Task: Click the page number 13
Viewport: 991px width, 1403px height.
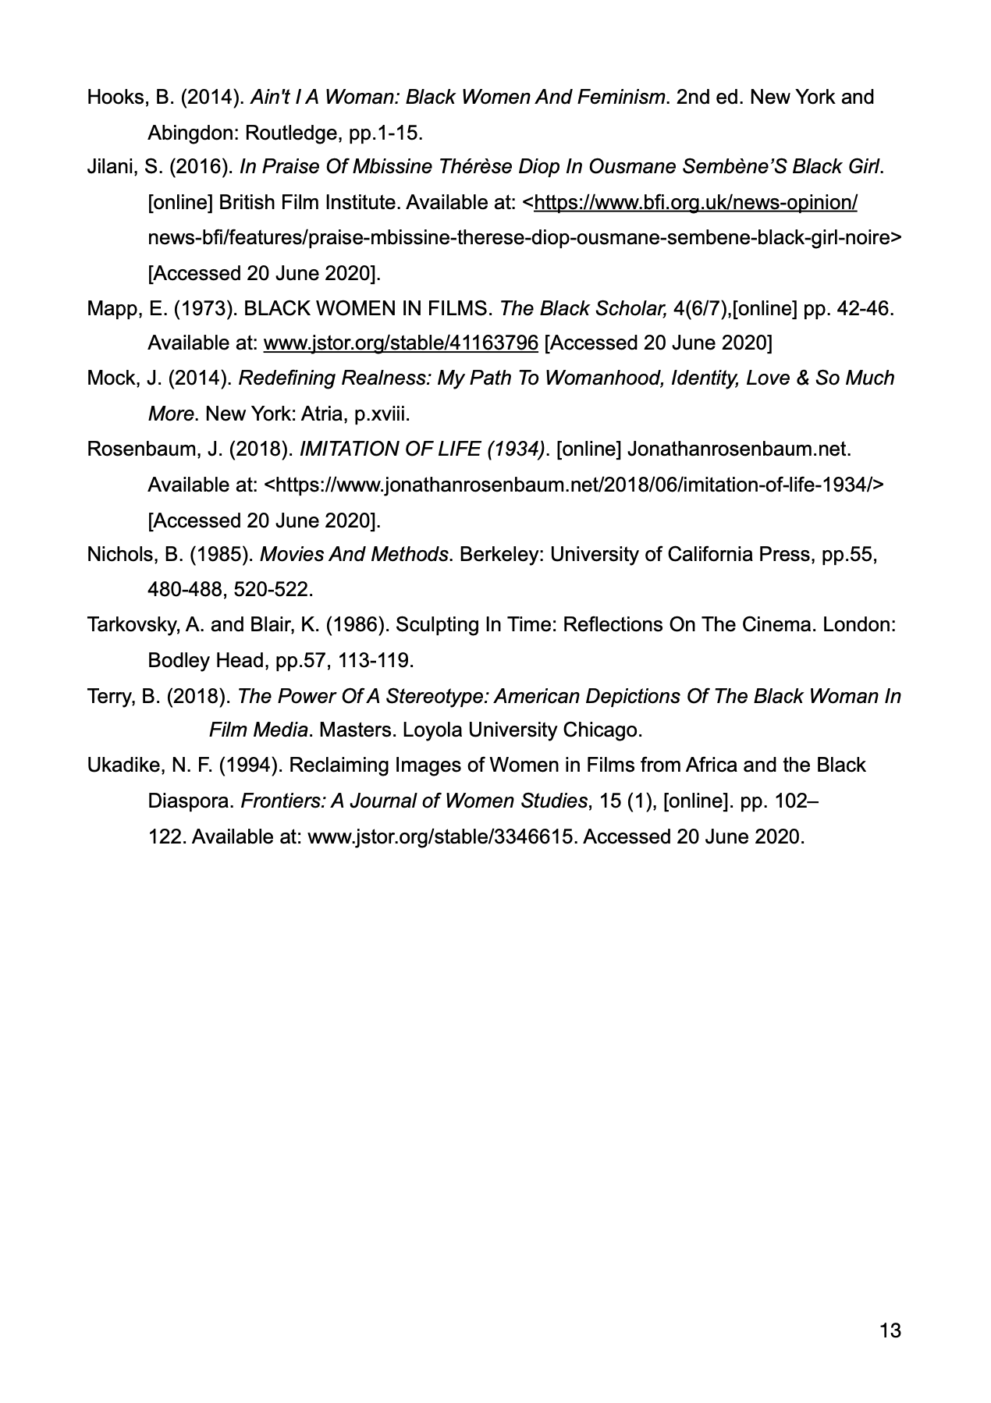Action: click(x=890, y=1330)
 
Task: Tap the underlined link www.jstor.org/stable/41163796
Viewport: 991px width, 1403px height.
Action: click(x=400, y=343)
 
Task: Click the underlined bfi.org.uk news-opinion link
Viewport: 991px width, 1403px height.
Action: click(x=696, y=203)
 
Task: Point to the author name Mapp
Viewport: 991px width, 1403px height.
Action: click(x=112, y=308)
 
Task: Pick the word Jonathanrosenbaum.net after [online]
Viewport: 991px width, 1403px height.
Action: click(x=738, y=449)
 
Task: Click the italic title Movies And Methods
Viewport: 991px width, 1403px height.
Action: click(x=354, y=555)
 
